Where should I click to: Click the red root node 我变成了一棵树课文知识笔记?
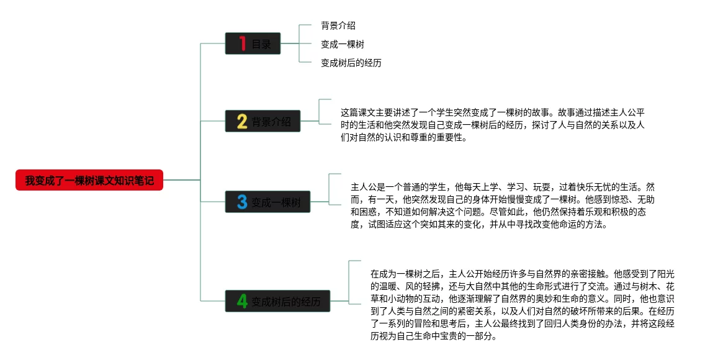click(x=89, y=180)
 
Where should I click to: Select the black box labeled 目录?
click(x=253, y=43)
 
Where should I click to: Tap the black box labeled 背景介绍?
click(x=263, y=121)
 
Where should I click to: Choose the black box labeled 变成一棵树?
click(x=267, y=202)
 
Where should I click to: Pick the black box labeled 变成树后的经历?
click(x=277, y=301)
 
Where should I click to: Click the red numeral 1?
click(x=242, y=43)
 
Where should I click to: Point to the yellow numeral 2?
click(x=242, y=121)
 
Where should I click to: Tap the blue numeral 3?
click(x=242, y=202)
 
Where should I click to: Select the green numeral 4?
click(x=242, y=301)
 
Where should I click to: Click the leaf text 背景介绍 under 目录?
click(x=338, y=25)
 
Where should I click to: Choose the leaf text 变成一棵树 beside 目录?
click(x=343, y=45)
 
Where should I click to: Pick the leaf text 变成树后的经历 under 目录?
click(x=351, y=63)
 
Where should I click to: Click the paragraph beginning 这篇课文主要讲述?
click(x=493, y=125)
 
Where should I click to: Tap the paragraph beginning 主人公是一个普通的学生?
click(x=503, y=205)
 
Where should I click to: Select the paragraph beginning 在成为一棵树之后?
click(x=523, y=305)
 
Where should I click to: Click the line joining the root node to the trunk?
click(x=182, y=180)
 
